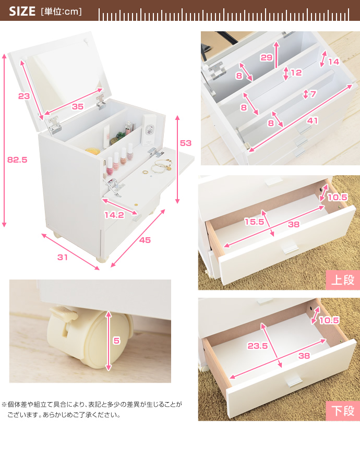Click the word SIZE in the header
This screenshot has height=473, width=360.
coord(22,11)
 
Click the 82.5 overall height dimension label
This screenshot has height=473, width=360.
coord(17,160)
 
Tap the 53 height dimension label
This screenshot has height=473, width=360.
coord(186,143)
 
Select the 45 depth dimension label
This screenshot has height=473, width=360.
coord(145,240)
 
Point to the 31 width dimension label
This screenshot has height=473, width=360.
coord(63,257)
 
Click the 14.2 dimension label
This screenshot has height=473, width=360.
coord(114,215)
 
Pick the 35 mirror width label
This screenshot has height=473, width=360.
coord(78,106)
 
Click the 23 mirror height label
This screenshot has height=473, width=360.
coord(24,96)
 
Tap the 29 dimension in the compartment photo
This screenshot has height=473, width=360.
coord(267,57)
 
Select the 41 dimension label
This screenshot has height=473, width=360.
coord(312,120)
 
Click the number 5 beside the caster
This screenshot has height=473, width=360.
coord(116,341)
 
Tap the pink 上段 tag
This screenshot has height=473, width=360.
coord(342,280)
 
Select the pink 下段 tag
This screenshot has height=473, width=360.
coord(342,411)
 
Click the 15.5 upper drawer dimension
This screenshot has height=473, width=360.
coord(254,222)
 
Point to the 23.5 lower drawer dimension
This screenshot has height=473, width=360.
coord(257,346)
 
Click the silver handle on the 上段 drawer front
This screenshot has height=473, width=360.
coord(289,247)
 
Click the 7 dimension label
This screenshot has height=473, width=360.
coord(313,94)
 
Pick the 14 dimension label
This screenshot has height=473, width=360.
coord(334,62)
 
